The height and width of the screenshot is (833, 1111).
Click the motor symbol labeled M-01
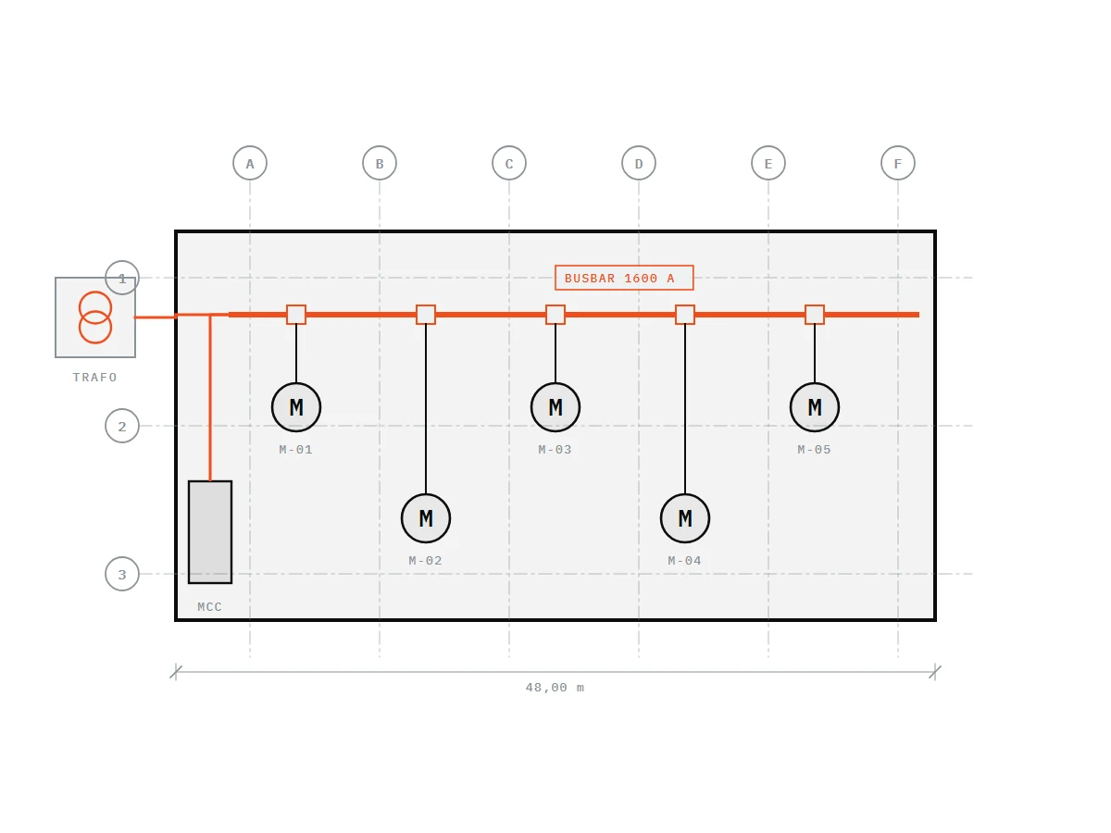[296, 407]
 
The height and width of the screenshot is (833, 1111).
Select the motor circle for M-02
[426, 518]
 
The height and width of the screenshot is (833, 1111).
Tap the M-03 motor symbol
[555, 407]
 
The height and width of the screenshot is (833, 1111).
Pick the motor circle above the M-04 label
[685, 518]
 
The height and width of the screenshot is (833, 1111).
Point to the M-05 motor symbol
[815, 407]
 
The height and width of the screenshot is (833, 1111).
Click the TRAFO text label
[94, 378]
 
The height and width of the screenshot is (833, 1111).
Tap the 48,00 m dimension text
[555, 688]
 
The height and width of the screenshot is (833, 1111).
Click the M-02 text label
[425, 560]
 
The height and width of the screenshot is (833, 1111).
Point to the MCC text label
[209, 606]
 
